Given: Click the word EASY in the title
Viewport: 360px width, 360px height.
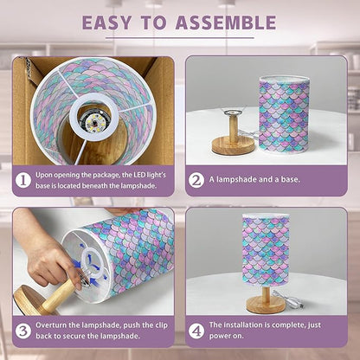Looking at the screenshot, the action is pyautogui.click(x=106, y=22).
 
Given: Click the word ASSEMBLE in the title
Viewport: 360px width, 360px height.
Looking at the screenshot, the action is pyautogui.click(x=226, y=22).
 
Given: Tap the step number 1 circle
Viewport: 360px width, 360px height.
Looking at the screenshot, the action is pyautogui.click(x=23, y=181).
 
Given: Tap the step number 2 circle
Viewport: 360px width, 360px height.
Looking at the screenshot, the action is pyautogui.click(x=196, y=180).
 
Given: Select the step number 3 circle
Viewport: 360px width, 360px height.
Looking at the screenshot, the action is pyautogui.click(x=23, y=331).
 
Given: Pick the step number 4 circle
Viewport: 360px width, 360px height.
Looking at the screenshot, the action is pyautogui.click(x=196, y=331).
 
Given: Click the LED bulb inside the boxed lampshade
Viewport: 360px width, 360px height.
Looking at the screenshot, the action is pyautogui.click(x=93, y=123).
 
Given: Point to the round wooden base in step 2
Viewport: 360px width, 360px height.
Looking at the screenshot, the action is pyautogui.click(x=234, y=145).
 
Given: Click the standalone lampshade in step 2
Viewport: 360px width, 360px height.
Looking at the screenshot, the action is pyautogui.click(x=284, y=113).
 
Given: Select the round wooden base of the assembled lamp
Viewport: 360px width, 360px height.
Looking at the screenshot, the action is pyautogui.click(x=266, y=305).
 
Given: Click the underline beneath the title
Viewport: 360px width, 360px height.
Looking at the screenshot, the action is pyautogui.click(x=179, y=38).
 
